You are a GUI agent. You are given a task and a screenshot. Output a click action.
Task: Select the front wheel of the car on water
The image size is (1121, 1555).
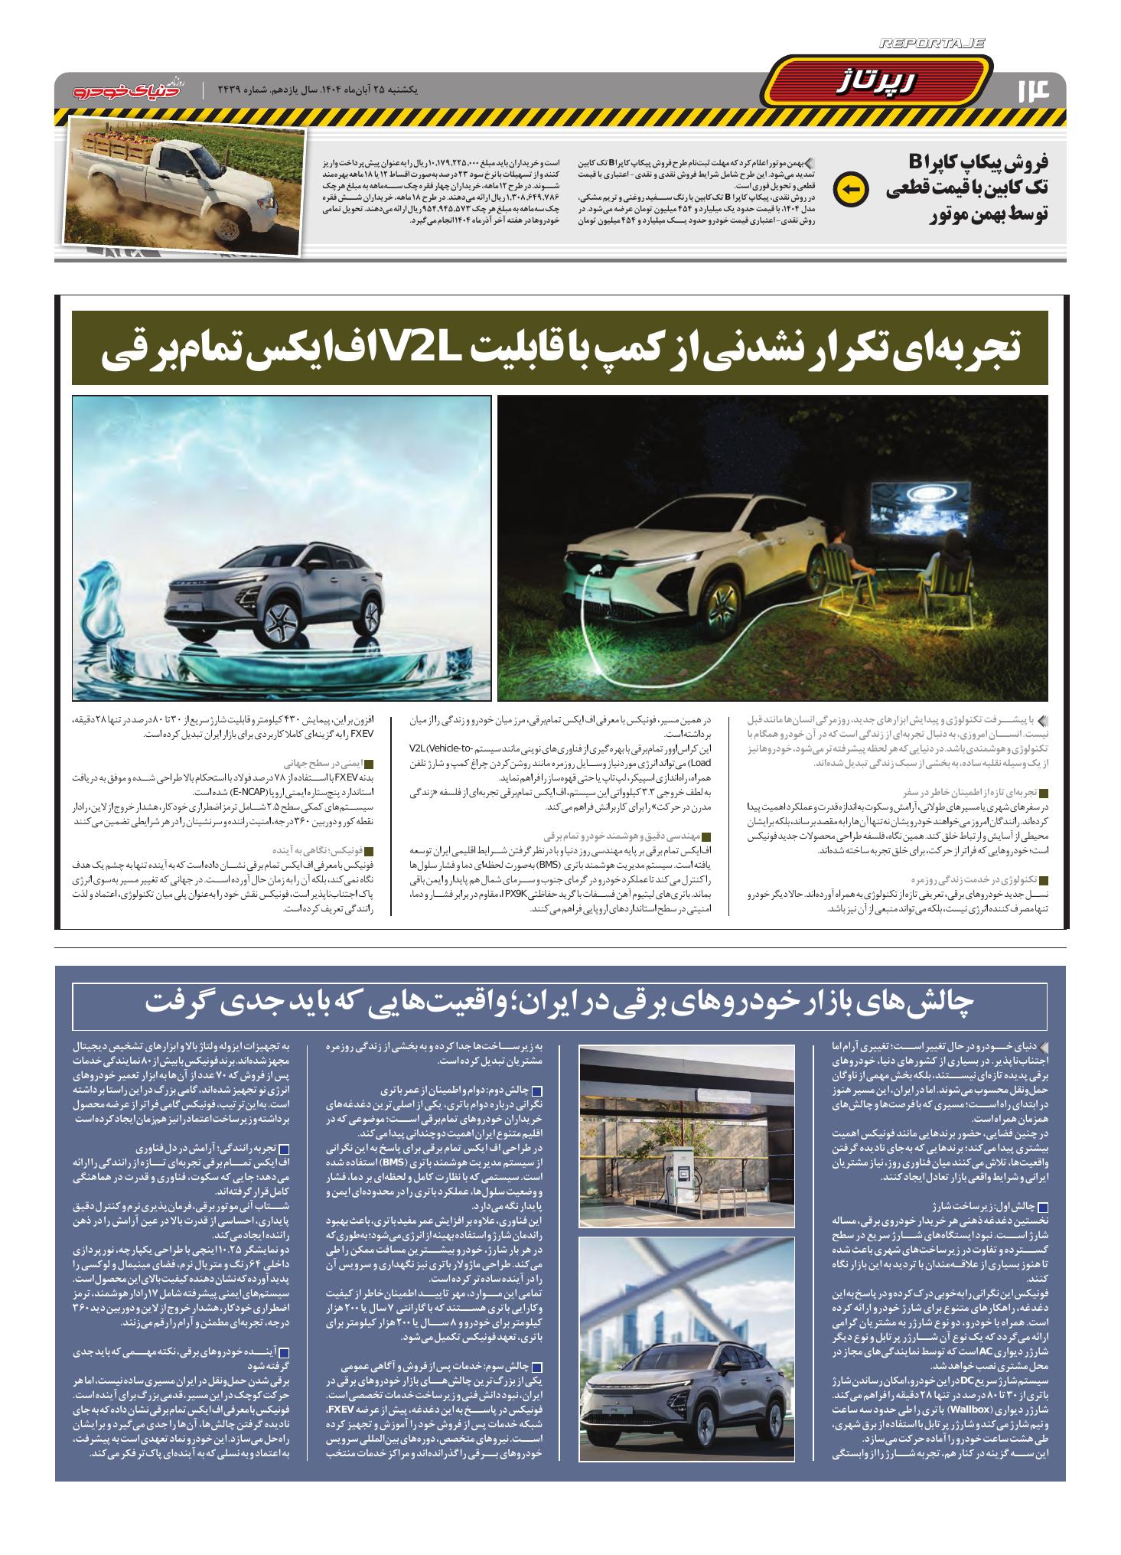pos(285,624)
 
